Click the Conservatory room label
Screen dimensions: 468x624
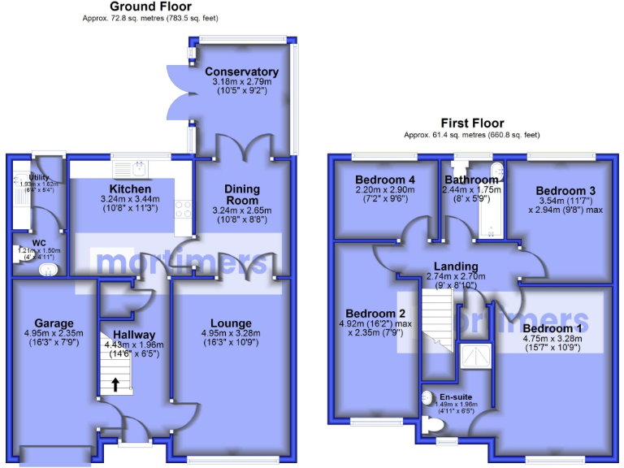tap(241, 71)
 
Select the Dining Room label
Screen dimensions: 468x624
tap(242, 194)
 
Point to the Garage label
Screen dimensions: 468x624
tap(54, 322)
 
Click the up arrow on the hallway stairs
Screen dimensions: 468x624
tap(115, 385)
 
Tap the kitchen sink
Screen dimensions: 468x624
tap(141, 169)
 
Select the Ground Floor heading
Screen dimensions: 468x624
tap(150, 6)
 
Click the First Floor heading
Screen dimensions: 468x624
tap(472, 123)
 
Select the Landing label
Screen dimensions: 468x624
tap(456, 266)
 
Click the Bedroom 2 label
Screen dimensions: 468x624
tap(375, 314)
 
